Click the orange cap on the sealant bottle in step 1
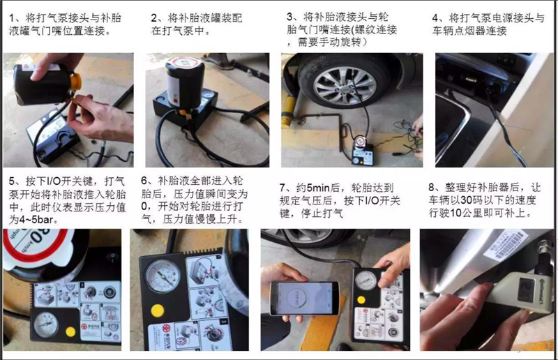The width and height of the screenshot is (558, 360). click(75, 81)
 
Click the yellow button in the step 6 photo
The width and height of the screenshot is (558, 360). click(158, 311)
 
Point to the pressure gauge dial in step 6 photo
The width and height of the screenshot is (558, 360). click(163, 276)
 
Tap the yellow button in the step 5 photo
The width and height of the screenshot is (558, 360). click(70, 332)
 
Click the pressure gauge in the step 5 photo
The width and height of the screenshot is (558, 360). click(46, 324)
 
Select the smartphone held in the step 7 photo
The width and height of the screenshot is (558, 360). click(304, 299)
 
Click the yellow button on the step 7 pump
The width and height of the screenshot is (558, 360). click(361, 300)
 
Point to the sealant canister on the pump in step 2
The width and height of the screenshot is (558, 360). click(184, 82)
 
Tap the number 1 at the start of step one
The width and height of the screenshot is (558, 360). click(12, 18)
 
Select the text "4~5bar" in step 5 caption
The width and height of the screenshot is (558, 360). click(36, 219)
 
